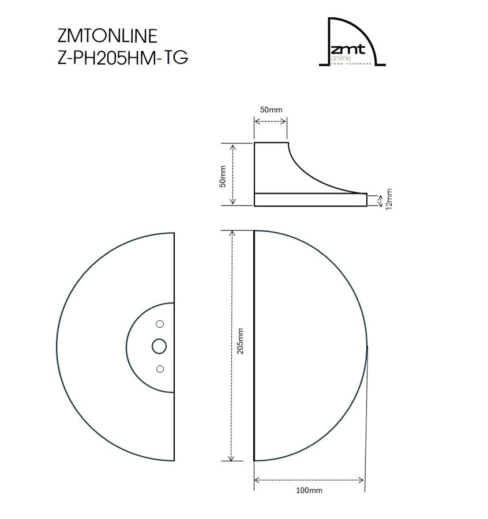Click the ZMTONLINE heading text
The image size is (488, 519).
[x=107, y=36]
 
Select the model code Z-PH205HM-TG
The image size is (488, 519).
[x=122, y=58]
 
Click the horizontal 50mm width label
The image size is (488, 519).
[x=271, y=109]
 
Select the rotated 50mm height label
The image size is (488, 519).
[x=222, y=174]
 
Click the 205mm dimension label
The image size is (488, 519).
[x=240, y=340]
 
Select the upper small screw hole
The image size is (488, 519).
[x=160, y=324]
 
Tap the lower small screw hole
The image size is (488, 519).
[x=160, y=369]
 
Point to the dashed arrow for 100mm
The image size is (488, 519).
[x=309, y=479]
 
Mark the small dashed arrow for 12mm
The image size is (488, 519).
[x=380, y=200]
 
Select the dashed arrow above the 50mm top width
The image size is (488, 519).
[x=271, y=121]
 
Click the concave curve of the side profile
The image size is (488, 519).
[x=311, y=173]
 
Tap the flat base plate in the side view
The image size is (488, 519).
[x=310, y=199]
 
